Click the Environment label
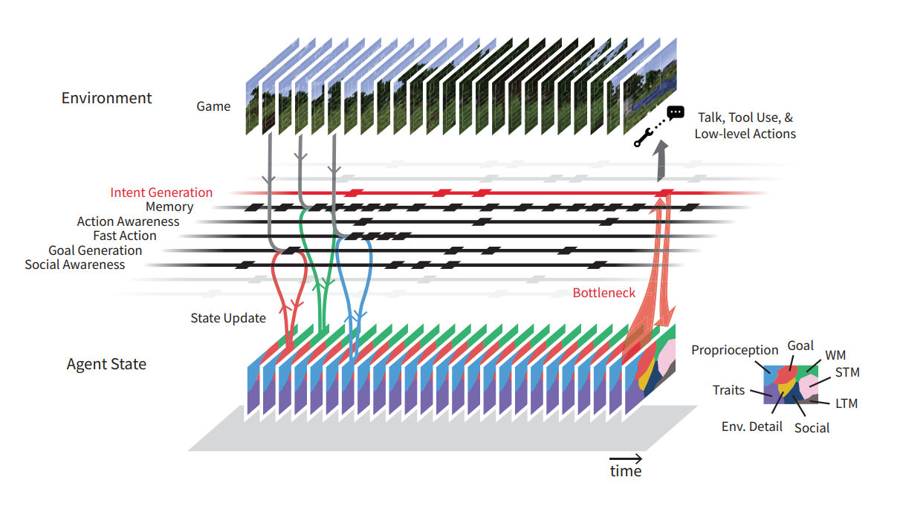(106, 98)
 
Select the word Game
(213, 106)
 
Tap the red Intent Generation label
(161, 192)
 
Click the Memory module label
(169, 207)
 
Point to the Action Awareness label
(128, 221)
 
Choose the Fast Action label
(125, 236)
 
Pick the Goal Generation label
(95, 250)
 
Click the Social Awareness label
(75, 265)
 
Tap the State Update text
(228, 318)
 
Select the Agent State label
(106, 364)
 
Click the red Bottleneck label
(603, 293)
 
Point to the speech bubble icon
(675, 113)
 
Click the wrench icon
(643, 137)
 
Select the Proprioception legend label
(734, 350)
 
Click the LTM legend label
(846, 403)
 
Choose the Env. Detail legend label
(751, 426)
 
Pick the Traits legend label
(728, 390)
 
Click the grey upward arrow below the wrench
(660, 163)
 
